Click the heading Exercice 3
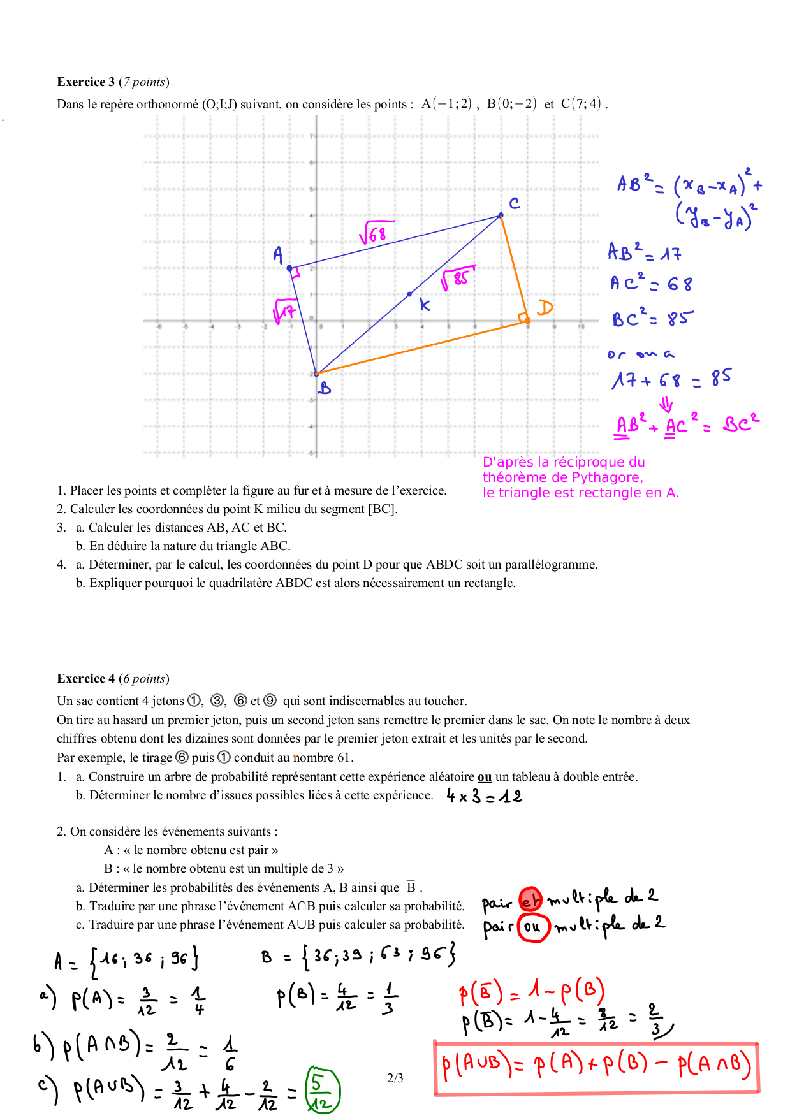[86, 82]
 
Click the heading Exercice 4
[86, 678]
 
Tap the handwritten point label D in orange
[545, 308]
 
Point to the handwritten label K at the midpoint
[425, 305]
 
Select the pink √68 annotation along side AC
[376, 233]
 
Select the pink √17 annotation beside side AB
[284, 311]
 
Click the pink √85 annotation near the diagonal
[457, 278]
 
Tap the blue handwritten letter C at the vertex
[515, 203]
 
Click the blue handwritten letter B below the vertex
[325, 388]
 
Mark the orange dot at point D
[527, 320]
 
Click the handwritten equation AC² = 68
[650, 283]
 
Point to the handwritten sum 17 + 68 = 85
[671, 379]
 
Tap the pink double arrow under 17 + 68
[666, 404]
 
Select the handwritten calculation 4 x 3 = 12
[484, 796]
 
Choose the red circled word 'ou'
[532, 927]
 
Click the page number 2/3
[395, 1078]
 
